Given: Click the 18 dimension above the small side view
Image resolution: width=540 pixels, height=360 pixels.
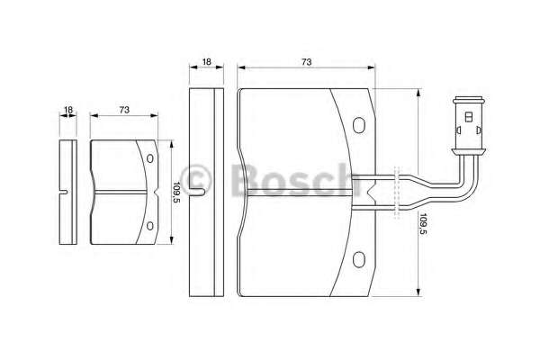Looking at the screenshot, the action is click(68, 110).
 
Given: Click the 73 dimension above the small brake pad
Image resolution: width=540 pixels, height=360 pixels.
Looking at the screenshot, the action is click(124, 110).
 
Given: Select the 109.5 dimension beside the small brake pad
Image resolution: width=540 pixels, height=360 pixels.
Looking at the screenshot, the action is click(176, 193).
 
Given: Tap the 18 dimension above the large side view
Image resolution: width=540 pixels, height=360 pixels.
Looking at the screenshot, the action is click(207, 62).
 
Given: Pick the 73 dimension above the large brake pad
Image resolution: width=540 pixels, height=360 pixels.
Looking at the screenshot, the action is click(307, 62).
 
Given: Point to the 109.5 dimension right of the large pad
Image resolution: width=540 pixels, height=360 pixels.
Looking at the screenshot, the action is click(423, 224).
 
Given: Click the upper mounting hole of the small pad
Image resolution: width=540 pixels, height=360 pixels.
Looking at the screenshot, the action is click(149, 158).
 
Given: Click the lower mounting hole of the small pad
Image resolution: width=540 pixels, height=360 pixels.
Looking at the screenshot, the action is click(149, 226).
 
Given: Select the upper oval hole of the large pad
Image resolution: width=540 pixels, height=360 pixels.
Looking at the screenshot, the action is click(359, 125).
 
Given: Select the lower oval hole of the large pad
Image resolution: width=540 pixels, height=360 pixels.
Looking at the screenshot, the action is click(359, 259).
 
